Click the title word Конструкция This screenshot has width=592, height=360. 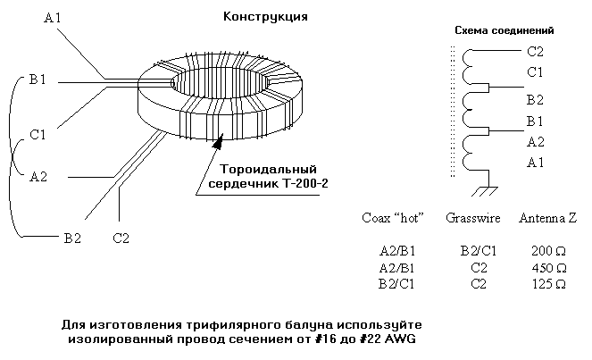pos(265,17)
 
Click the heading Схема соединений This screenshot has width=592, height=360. pos(504,30)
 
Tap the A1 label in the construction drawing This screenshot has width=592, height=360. pos(52,18)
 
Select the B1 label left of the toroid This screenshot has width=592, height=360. pos(37,80)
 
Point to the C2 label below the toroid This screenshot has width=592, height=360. pos(121,238)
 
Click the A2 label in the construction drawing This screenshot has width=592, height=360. pos(38,176)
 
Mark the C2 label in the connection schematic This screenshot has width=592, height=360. pos(535,52)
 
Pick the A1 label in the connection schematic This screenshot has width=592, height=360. pos(535,163)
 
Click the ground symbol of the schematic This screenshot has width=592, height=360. pos(485,191)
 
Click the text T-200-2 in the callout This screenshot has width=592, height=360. pos(305,184)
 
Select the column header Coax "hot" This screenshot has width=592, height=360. pos(393,218)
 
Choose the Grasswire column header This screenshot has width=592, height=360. pos(472,218)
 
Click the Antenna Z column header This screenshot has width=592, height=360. pos(548,218)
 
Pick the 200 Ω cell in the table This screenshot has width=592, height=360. pos(548,251)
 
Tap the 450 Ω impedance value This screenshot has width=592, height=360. pos(549,268)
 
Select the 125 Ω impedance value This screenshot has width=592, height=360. pos(549,284)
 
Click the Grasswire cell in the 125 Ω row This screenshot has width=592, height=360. pos(479,284)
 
